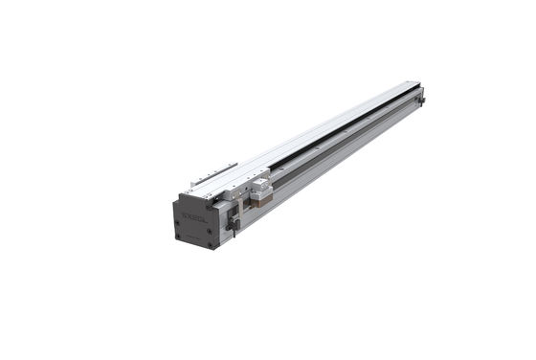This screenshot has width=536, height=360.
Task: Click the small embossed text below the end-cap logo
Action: [194, 224]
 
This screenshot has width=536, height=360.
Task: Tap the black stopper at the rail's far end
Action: [421, 96]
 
